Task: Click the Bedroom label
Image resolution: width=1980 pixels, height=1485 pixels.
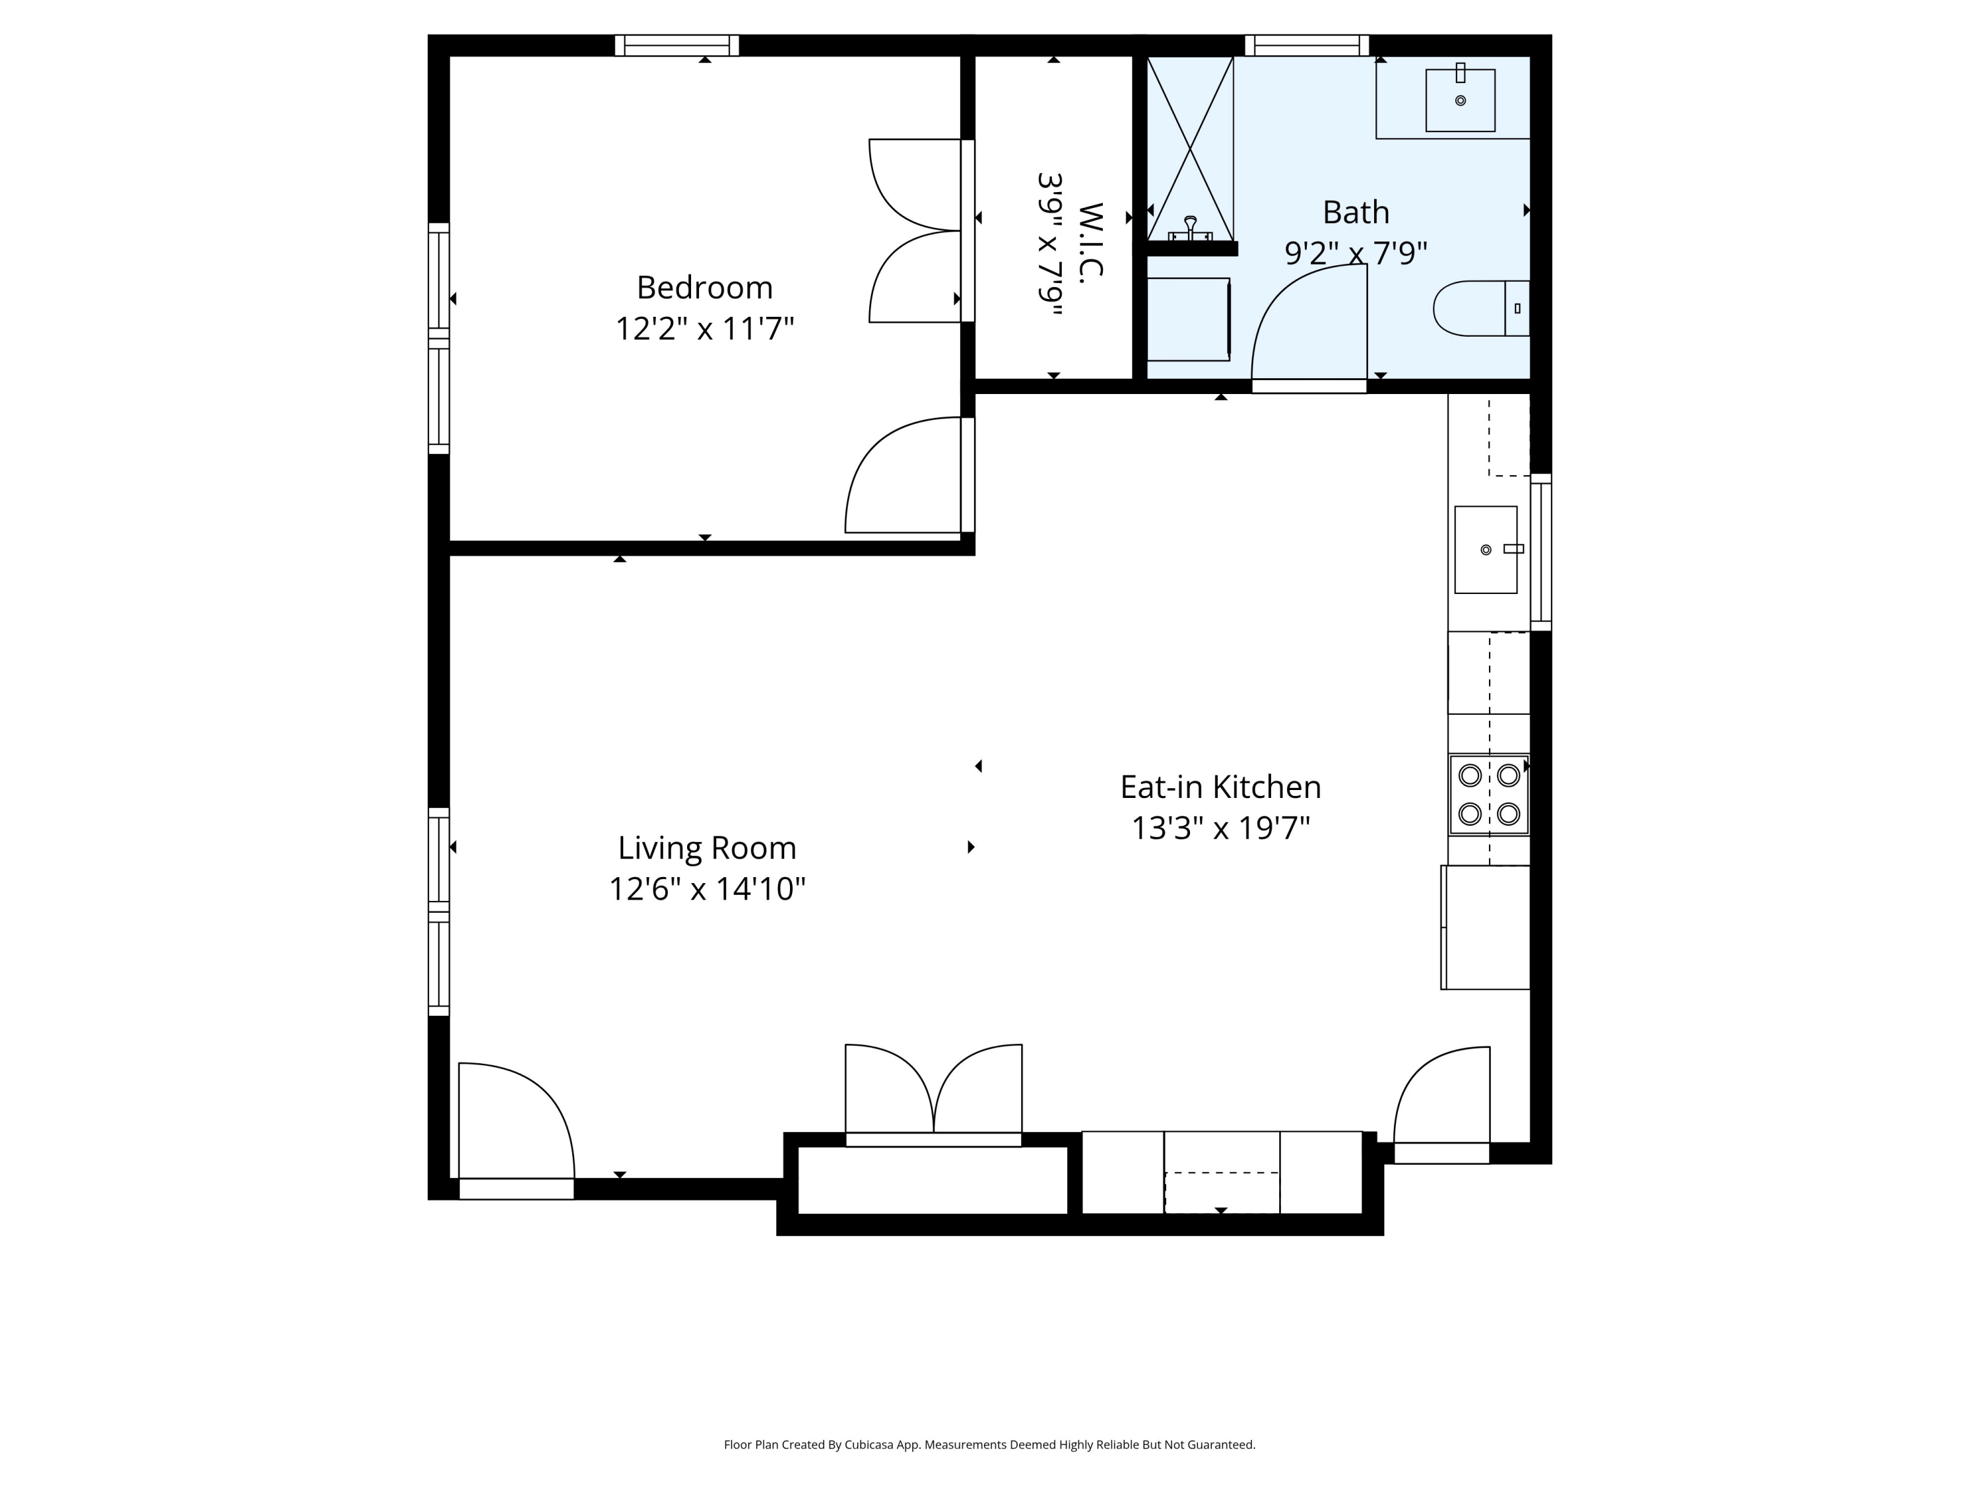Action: tap(704, 287)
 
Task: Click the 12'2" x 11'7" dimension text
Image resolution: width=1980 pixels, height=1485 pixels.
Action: tap(704, 329)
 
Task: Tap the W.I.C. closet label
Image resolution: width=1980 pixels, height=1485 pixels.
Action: tap(1090, 244)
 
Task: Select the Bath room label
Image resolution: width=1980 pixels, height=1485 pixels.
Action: tap(1355, 212)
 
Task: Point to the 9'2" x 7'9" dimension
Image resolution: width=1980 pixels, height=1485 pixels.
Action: tap(1355, 253)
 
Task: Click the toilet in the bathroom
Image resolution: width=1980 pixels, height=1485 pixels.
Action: tap(1479, 308)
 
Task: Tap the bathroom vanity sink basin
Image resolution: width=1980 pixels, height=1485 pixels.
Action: tap(1460, 100)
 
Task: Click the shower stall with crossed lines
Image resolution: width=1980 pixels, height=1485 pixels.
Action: tap(1189, 148)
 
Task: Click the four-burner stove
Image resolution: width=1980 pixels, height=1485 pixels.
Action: tap(1488, 794)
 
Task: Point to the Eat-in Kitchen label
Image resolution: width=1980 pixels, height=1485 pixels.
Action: tap(1220, 787)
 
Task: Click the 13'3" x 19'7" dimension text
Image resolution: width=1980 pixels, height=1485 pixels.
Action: tap(1220, 828)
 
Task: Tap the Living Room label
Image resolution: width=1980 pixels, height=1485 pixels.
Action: tap(706, 847)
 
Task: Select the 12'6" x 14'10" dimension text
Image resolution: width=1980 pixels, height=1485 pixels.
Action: tap(706, 889)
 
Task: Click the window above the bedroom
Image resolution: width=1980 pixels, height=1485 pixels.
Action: tap(676, 45)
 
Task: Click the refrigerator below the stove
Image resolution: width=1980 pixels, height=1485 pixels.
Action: tap(1485, 927)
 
